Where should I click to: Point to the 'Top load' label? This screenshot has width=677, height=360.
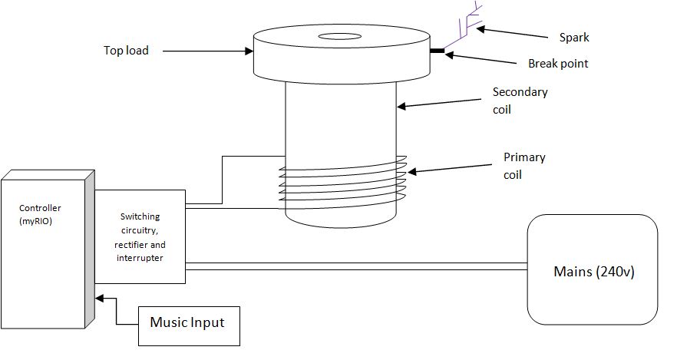[126, 51]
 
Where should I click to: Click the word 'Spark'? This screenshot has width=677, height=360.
[574, 37]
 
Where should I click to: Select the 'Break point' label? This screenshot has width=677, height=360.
[558, 64]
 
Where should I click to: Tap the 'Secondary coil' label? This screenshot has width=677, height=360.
[520, 101]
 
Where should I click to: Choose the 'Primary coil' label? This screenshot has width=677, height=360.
[524, 164]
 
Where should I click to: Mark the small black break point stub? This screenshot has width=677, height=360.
[438, 51]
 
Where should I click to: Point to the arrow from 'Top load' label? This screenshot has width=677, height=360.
[207, 51]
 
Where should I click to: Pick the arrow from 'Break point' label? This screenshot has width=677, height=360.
[484, 58]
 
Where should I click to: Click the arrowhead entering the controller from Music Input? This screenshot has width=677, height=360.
[97, 299]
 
